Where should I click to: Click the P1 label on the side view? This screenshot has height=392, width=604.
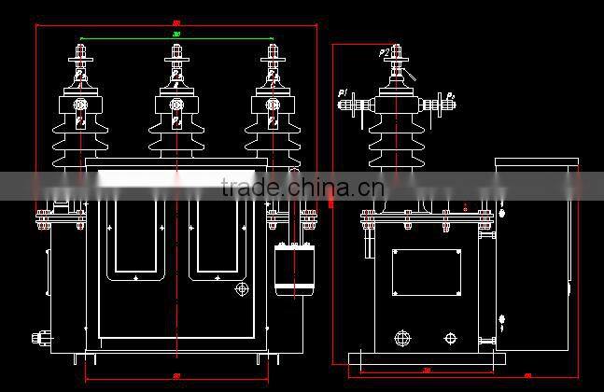coord(344,92)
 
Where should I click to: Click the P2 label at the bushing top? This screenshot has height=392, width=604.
coord(385,54)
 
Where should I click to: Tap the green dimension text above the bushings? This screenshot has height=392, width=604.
coord(176,35)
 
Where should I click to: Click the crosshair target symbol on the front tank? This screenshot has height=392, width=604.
coord(243,290)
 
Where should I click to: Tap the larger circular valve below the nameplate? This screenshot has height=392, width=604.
coord(403,338)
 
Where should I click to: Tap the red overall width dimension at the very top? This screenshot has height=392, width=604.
coord(176,22)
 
